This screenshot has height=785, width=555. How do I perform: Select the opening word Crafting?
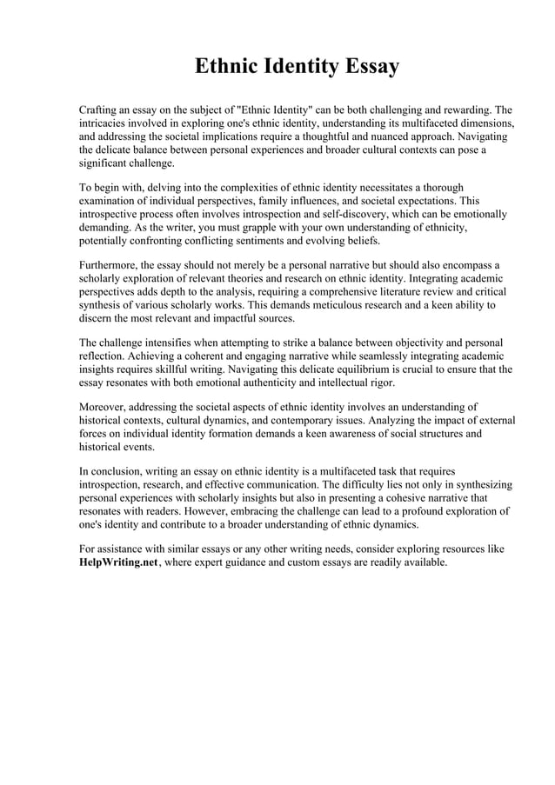pyautogui.click(x=100, y=110)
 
